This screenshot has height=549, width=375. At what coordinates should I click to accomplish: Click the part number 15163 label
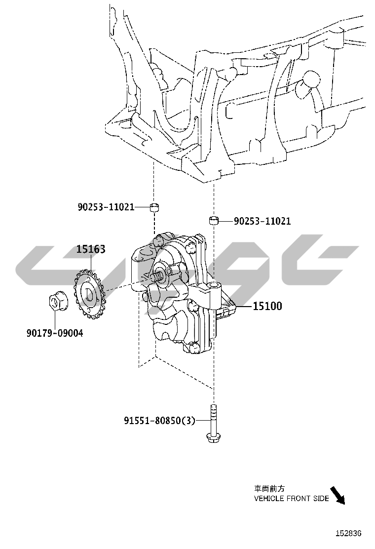[x=91, y=249]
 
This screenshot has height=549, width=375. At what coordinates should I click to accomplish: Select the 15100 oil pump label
[x=267, y=306]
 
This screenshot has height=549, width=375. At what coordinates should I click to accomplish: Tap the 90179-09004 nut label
[x=55, y=333]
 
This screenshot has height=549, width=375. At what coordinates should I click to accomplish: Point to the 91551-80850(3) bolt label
[x=159, y=420]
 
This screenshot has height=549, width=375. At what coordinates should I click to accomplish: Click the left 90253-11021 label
[x=106, y=207]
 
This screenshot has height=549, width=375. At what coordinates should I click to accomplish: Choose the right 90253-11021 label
[x=262, y=221]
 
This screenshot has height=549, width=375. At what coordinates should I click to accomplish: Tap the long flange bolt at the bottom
[x=213, y=424]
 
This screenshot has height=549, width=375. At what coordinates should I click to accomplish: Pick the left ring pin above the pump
[x=154, y=207]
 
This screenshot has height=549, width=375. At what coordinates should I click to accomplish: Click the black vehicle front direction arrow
[x=337, y=495]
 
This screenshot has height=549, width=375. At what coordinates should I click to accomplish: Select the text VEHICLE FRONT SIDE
[x=292, y=498]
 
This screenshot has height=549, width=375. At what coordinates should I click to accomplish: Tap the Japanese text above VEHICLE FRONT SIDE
[x=269, y=488]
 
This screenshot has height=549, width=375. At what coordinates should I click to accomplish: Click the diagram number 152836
[x=349, y=533]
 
